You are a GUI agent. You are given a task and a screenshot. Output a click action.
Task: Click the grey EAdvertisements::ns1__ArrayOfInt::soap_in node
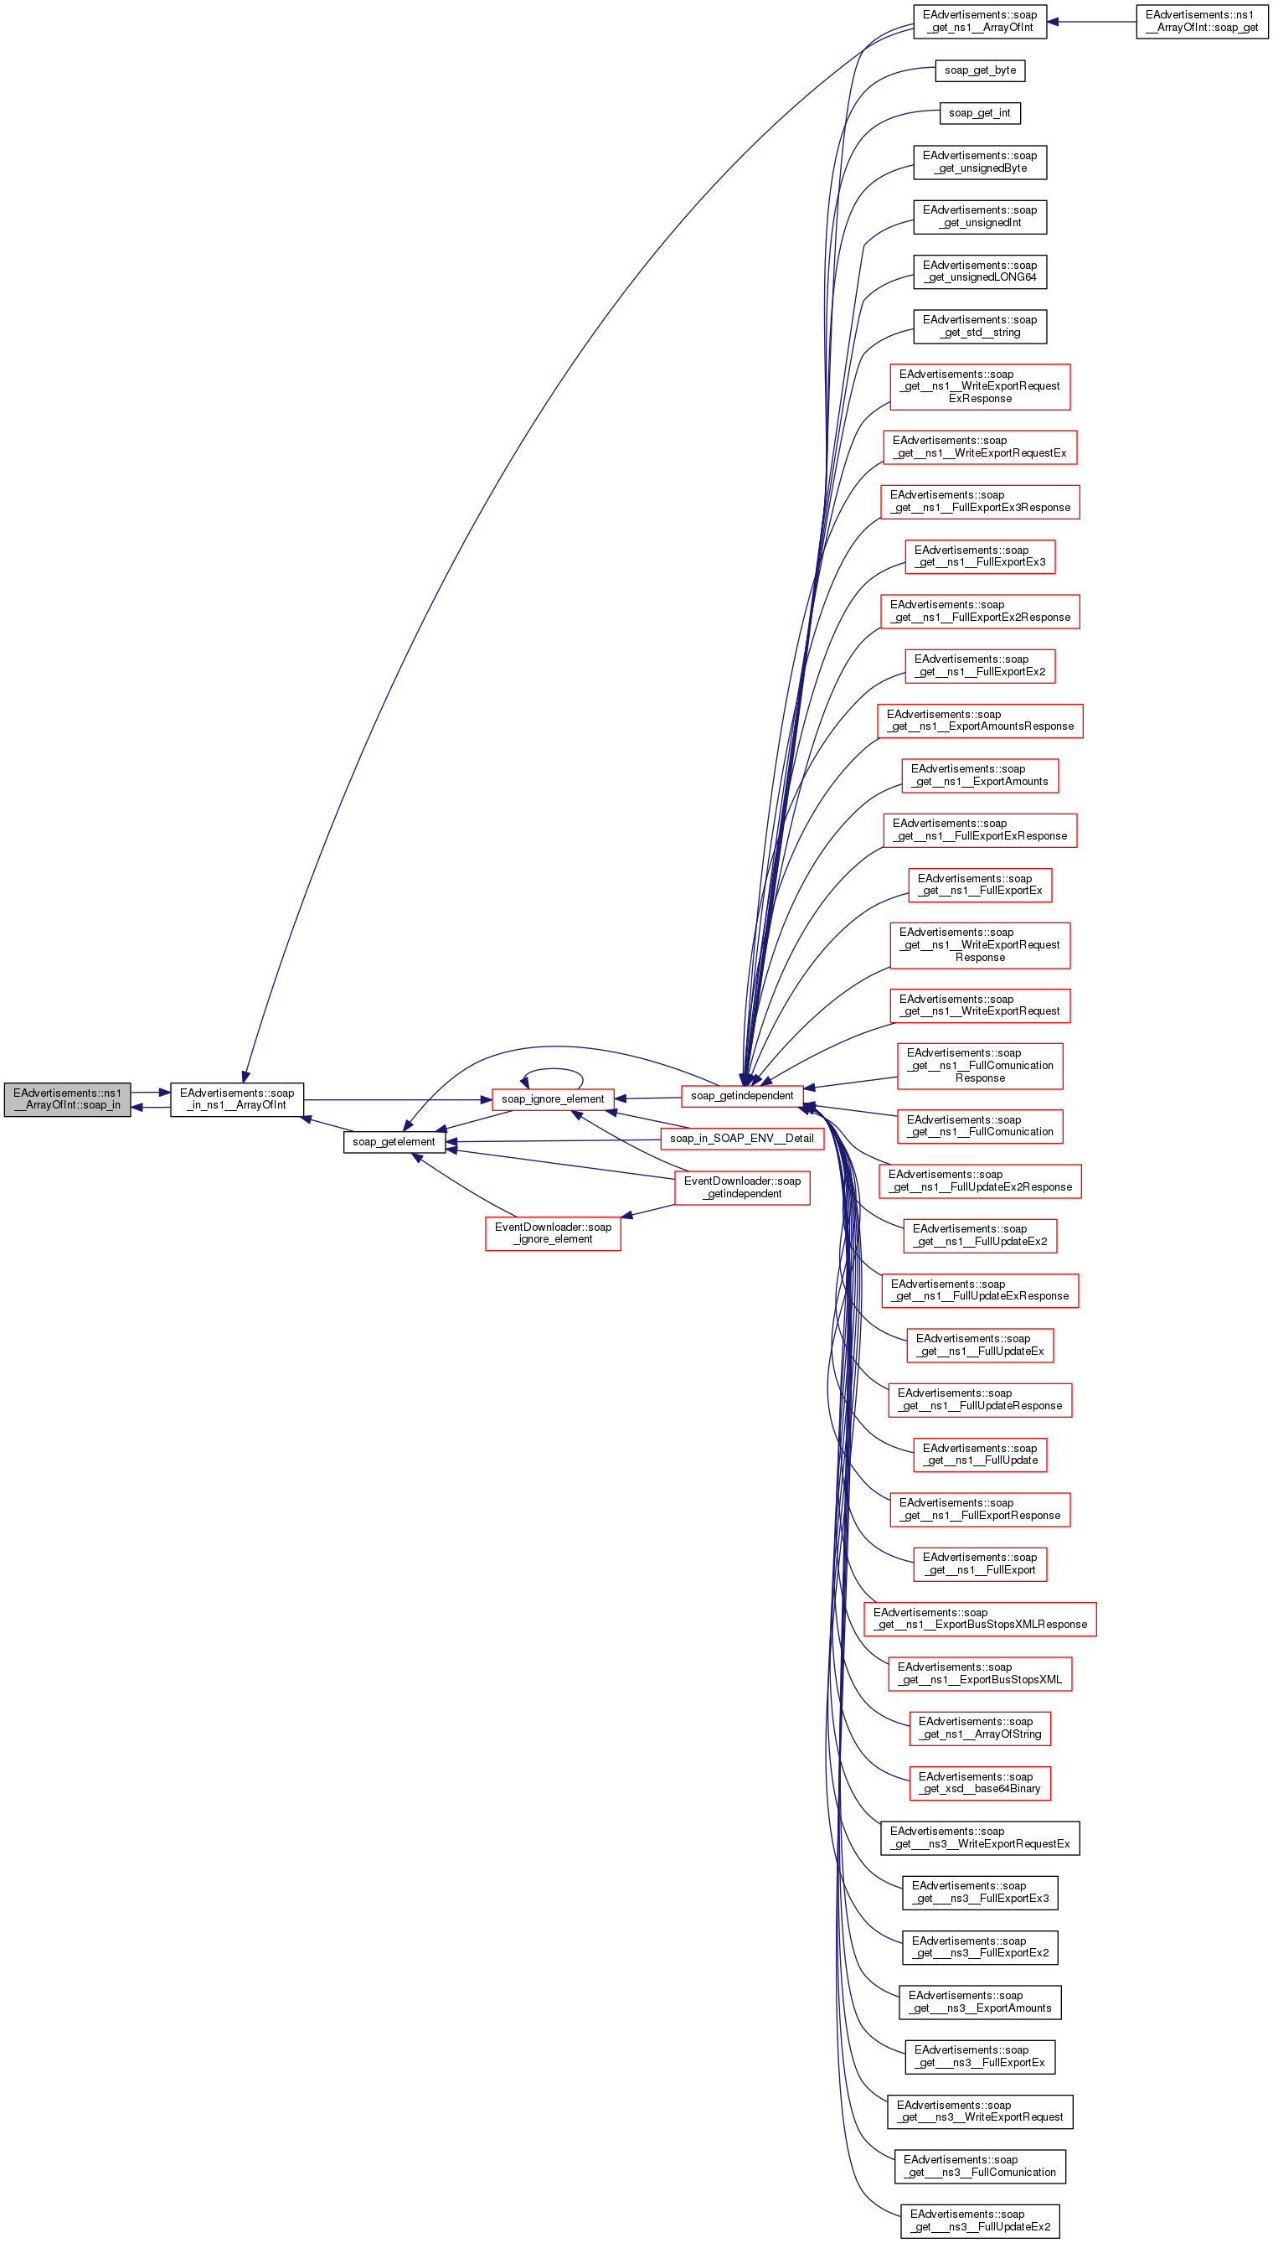click(x=67, y=1099)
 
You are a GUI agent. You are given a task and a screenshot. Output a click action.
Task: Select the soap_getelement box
click(x=394, y=1141)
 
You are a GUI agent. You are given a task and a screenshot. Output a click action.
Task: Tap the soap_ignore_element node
click(x=553, y=1099)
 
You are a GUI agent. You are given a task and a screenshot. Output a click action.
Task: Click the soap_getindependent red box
click(x=741, y=1096)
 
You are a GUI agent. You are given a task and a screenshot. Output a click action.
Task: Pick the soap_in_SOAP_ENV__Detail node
click(x=741, y=1138)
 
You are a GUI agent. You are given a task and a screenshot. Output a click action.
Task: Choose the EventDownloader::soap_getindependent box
click(x=742, y=1186)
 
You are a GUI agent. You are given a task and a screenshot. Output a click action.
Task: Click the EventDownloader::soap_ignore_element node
click(x=553, y=1233)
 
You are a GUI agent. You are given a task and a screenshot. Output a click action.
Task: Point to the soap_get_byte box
click(x=980, y=70)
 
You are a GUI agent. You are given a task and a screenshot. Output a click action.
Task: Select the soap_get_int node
click(x=980, y=113)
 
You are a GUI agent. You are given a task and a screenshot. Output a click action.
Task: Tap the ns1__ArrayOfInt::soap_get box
click(x=1202, y=21)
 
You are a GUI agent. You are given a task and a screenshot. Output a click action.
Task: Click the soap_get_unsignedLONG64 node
click(x=980, y=271)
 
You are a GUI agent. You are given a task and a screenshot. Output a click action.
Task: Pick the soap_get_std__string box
click(x=980, y=326)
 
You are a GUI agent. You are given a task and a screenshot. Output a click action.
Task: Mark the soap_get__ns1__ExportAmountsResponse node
click(x=980, y=721)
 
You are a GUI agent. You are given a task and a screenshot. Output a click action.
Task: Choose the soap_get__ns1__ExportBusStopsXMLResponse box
click(x=980, y=1619)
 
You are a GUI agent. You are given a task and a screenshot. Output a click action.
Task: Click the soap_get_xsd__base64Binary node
click(x=980, y=1782)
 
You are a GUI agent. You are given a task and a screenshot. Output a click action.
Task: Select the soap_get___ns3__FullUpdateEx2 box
click(x=980, y=2220)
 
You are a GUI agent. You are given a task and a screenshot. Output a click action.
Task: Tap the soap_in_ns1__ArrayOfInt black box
click(x=237, y=1099)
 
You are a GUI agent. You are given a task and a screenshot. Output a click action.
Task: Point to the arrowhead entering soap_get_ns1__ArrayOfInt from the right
click(x=1054, y=21)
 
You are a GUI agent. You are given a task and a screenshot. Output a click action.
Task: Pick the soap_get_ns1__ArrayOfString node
click(x=980, y=1728)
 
